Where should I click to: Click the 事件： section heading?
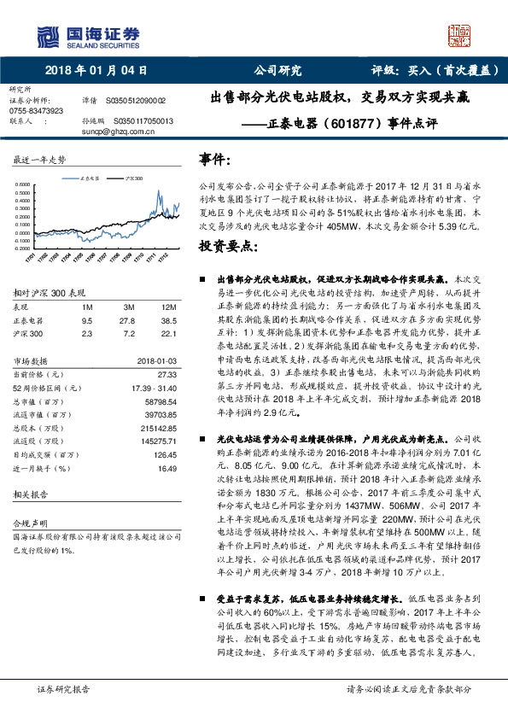pos(215,161)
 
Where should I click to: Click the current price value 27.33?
pos(166,374)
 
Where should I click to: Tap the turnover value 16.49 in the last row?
pos(166,468)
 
